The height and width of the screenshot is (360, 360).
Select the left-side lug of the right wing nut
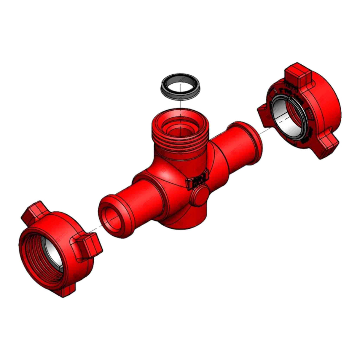click(265, 114)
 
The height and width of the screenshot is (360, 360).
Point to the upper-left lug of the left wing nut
click(33, 212)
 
